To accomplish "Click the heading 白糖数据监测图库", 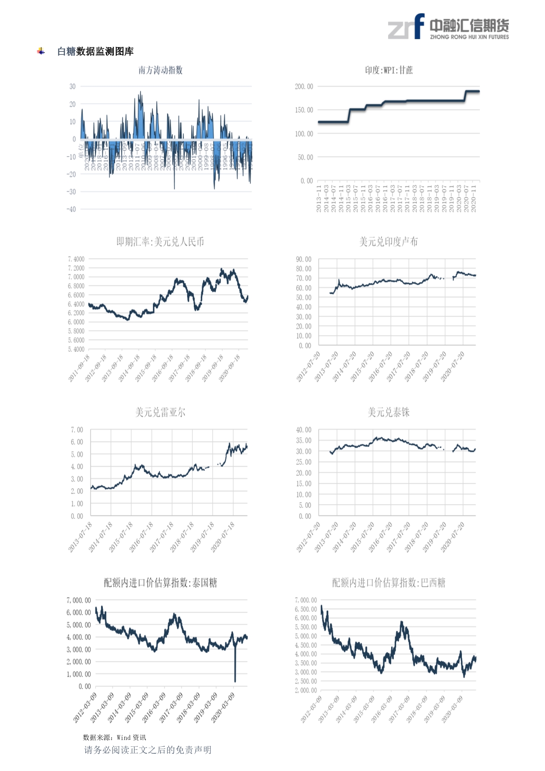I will tap(95, 51).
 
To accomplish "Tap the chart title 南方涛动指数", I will tap(160, 70).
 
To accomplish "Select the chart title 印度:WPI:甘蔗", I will tap(389, 70).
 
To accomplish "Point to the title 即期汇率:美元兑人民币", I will tap(160, 241).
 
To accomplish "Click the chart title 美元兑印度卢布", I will tap(389, 241).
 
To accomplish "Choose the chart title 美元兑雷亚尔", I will tap(160, 412).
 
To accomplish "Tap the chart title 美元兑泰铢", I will tap(389, 412).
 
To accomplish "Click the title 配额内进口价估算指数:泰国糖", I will tap(160, 583).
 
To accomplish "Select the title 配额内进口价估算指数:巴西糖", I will tap(389, 583).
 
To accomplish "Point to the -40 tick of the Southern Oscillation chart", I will tap(71, 209).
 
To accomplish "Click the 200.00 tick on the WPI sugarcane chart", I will tap(304, 87).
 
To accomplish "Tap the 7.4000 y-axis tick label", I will tap(76, 259).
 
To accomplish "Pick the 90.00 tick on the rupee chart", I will tap(304, 259).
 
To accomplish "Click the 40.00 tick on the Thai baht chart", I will tap(304, 430).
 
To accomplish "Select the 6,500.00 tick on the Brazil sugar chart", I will tap(306, 609).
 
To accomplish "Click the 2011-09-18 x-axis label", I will tap(79, 369).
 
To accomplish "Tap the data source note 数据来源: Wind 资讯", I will tap(114, 738).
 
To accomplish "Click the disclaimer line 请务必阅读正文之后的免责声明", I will tap(148, 750).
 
